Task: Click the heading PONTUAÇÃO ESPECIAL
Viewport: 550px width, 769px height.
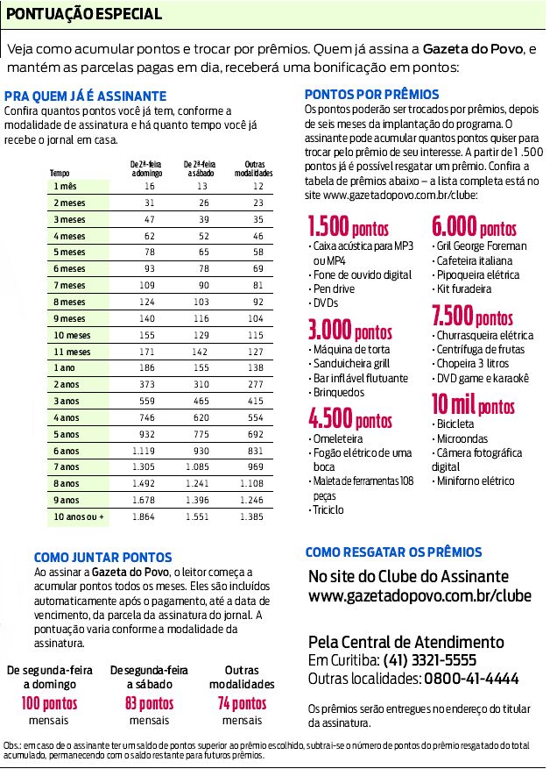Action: point(84,14)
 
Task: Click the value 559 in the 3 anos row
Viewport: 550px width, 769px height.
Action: point(145,401)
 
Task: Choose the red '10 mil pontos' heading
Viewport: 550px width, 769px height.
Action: point(473,405)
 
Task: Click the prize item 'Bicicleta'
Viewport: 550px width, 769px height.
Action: point(454,424)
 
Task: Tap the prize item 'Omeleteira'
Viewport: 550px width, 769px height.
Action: point(335,438)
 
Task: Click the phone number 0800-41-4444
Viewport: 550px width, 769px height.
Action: point(471,678)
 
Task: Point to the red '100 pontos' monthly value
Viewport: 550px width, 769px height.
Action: point(50,703)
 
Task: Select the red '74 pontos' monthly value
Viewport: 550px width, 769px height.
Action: point(242,703)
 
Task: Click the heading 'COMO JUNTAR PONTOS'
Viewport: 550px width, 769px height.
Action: point(96,557)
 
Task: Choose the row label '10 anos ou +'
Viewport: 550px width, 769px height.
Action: point(78,517)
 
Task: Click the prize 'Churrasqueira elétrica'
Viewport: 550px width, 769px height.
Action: point(483,335)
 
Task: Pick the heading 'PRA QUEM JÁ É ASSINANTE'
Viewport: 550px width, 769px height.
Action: point(85,96)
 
